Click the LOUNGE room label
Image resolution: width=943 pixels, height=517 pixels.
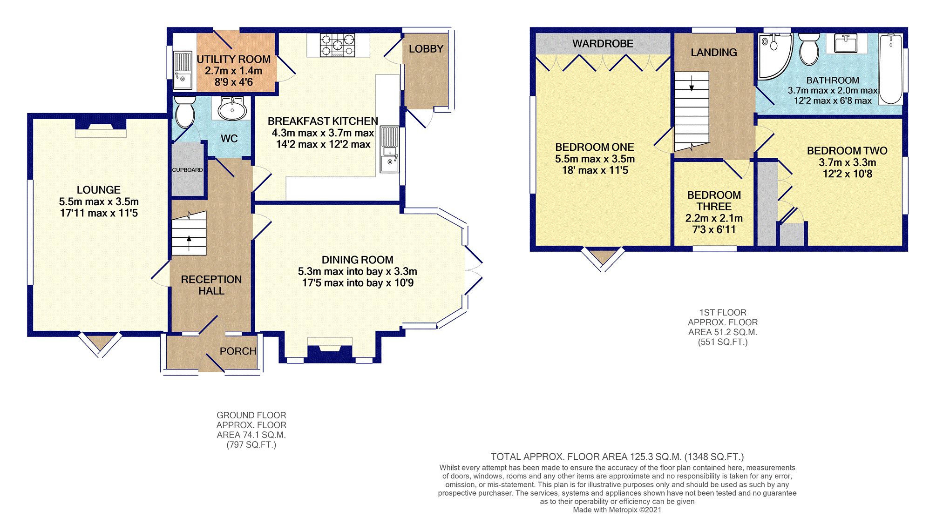click(99, 190)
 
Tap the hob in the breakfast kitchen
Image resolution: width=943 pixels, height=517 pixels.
click(337, 45)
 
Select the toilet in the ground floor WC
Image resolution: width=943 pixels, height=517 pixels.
click(185, 112)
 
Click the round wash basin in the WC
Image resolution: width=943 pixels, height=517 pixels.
click(232, 109)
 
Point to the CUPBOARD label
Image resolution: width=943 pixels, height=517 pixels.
click(187, 170)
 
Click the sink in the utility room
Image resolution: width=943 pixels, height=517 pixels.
click(183, 70)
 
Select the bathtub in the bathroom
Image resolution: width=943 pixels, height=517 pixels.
click(891, 68)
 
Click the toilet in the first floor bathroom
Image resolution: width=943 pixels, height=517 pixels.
click(809, 49)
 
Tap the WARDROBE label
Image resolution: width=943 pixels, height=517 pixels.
click(603, 44)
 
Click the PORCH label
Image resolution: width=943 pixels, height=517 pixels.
click(238, 351)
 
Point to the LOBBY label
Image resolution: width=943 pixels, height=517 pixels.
click(426, 49)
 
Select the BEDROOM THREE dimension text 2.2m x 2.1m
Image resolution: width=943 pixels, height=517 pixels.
click(714, 218)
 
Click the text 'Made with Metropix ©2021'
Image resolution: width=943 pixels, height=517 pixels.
click(617, 510)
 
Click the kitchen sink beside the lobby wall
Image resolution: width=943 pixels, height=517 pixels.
click(390, 149)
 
